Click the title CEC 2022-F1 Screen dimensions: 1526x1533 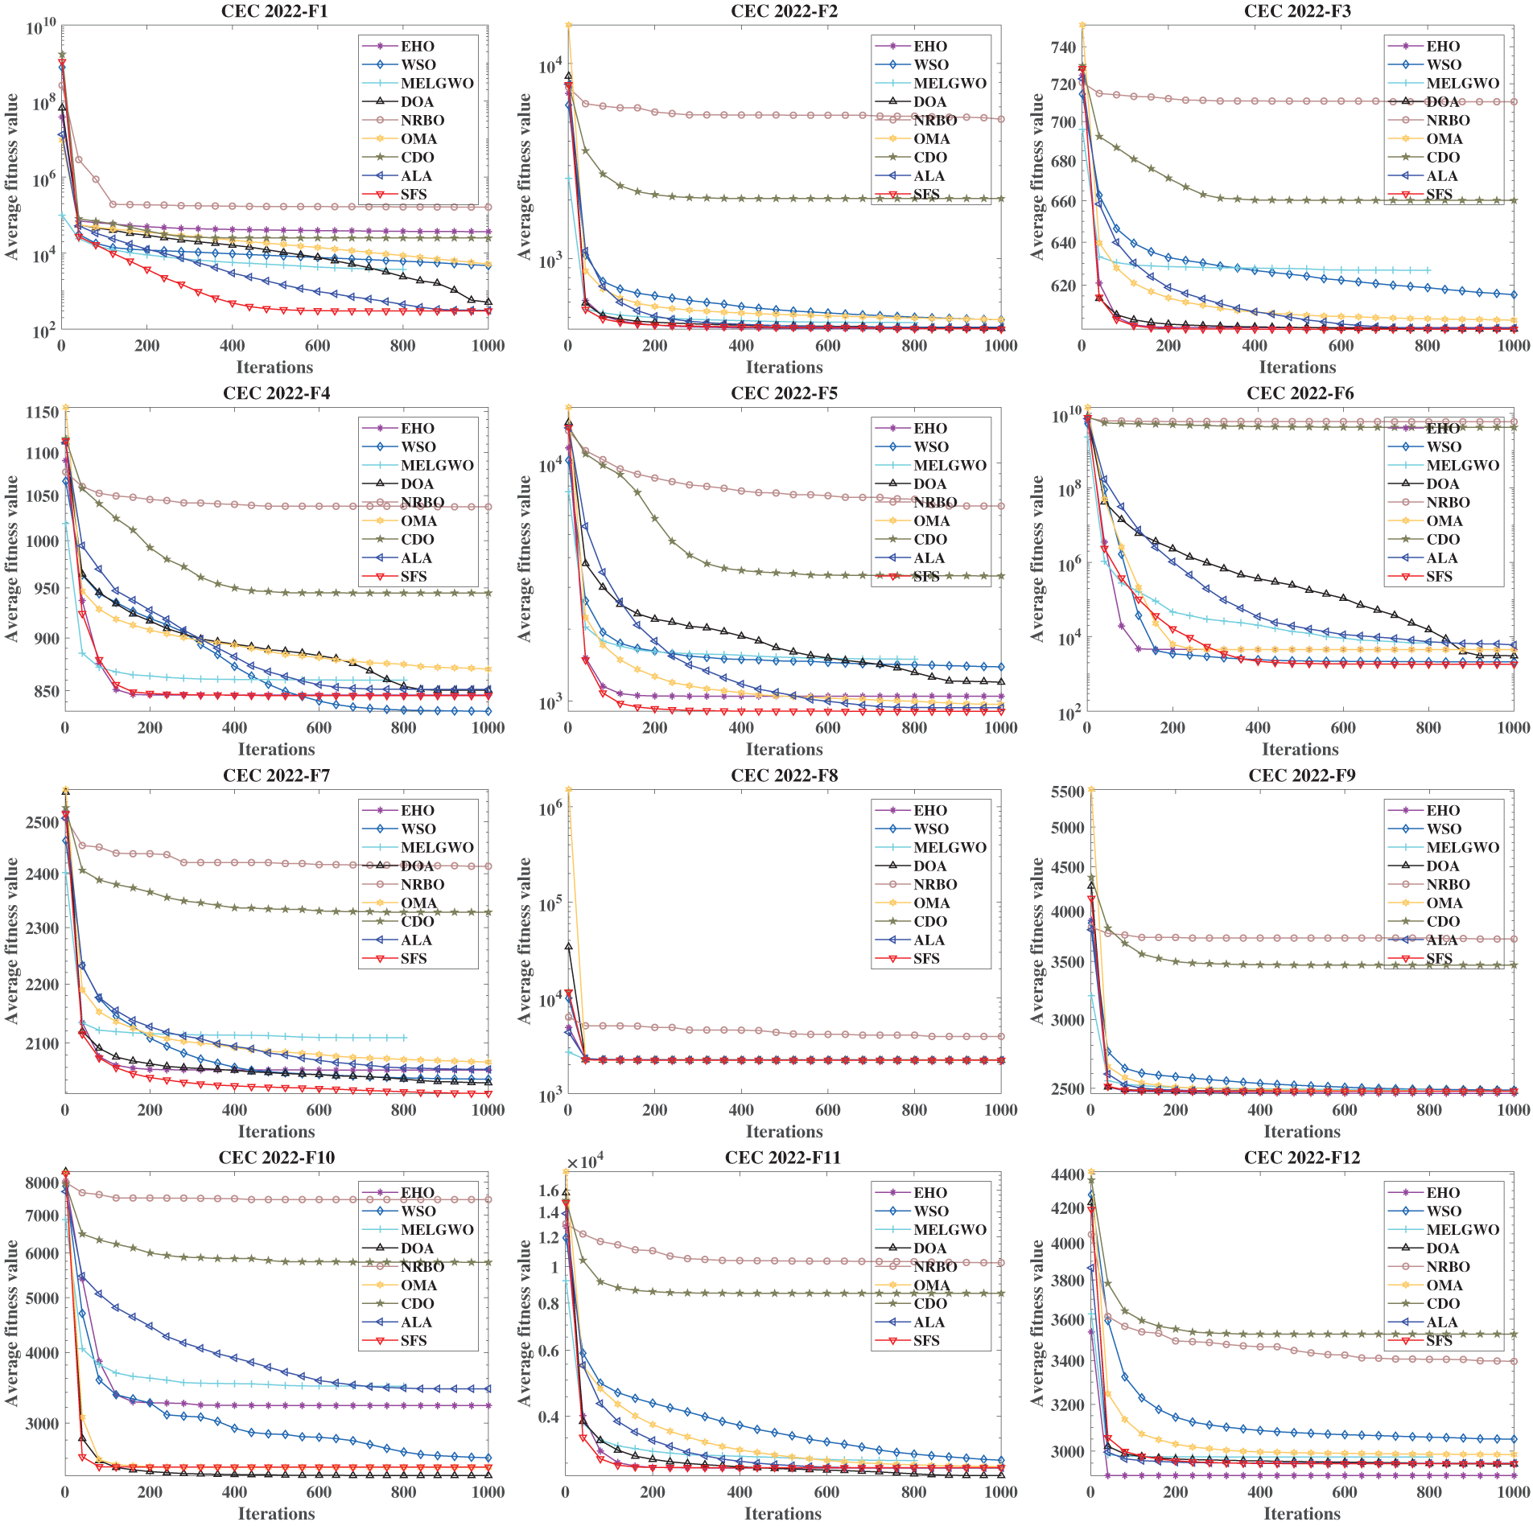[x=274, y=11]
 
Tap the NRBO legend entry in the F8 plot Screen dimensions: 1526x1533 [x=934, y=885]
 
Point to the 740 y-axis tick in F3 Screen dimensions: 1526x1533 [x=1063, y=47]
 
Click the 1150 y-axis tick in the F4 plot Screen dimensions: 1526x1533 [x=43, y=412]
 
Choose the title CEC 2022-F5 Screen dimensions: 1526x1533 [x=784, y=393]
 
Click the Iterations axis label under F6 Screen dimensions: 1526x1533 [x=1300, y=750]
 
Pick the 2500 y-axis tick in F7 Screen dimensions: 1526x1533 [x=43, y=822]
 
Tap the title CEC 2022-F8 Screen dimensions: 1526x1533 [x=784, y=775]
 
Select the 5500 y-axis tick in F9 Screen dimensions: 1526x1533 [x=1068, y=792]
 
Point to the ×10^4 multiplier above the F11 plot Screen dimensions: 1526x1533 [x=585, y=1162]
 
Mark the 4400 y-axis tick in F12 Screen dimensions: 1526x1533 [x=1068, y=1174]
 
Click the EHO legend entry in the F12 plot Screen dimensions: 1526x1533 [x=1443, y=1193]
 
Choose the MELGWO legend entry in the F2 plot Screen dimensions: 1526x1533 [x=950, y=84]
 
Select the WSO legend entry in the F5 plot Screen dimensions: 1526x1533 [x=930, y=447]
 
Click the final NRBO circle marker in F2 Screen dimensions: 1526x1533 [x=1001, y=120]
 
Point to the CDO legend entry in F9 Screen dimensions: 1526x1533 [x=1443, y=922]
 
